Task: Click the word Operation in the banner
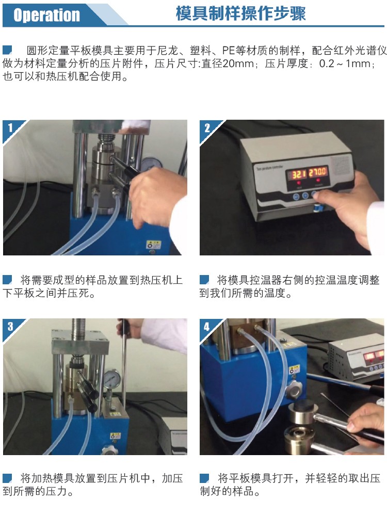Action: (x=47, y=15)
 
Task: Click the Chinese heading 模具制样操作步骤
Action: (x=240, y=13)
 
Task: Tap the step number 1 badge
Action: (x=10, y=127)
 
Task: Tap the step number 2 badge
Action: (x=207, y=127)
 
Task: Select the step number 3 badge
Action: (x=10, y=326)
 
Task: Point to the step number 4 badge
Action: (x=207, y=327)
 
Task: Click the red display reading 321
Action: (x=299, y=173)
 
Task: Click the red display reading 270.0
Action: (x=317, y=171)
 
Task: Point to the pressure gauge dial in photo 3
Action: (x=111, y=379)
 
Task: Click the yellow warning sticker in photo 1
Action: (x=153, y=245)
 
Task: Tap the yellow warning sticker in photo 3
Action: (x=115, y=436)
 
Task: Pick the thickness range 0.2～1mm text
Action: (x=346, y=63)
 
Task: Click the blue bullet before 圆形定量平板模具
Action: (x=7, y=50)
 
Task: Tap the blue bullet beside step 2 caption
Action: (x=204, y=280)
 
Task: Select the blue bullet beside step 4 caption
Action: (x=204, y=478)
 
